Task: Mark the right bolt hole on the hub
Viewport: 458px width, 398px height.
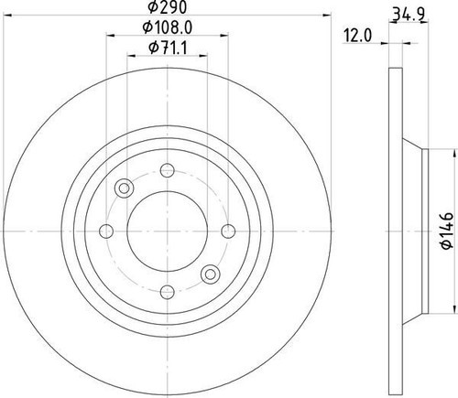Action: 225,230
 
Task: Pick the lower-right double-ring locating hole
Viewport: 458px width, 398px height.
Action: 209,273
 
